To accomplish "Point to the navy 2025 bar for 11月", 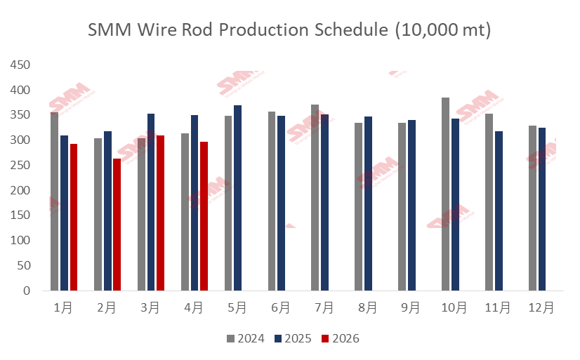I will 499,211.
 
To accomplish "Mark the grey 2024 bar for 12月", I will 532,208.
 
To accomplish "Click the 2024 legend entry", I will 245,339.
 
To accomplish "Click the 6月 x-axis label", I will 280,308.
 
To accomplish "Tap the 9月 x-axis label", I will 411,308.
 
